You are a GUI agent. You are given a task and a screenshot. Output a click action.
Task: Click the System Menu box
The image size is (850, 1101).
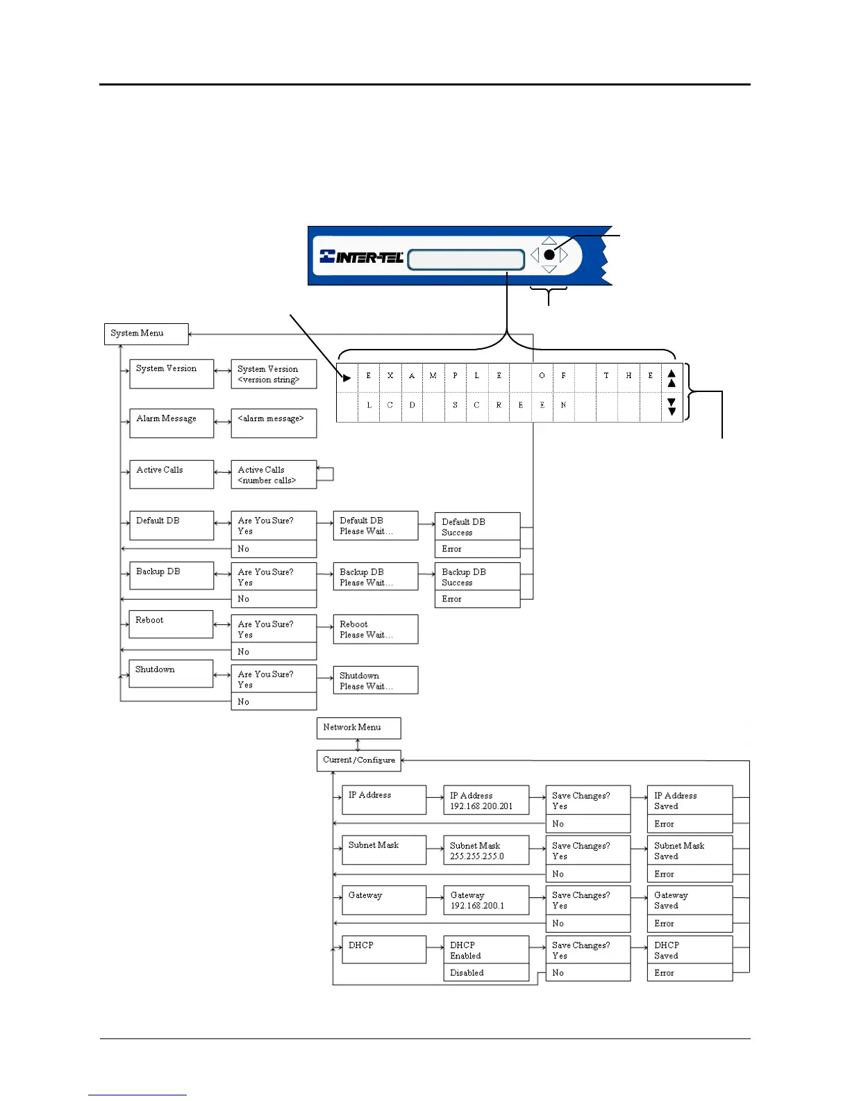coord(146,334)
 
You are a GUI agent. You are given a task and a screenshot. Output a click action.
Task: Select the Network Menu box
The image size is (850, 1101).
coord(358,728)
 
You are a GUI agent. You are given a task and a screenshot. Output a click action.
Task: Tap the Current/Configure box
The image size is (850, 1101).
coord(358,760)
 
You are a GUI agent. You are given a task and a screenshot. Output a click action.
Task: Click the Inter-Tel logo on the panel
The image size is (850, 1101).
coord(362,257)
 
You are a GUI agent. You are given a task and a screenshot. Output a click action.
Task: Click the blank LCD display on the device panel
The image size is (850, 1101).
coord(465,260)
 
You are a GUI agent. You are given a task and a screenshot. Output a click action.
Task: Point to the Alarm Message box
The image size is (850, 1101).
coord(171,423)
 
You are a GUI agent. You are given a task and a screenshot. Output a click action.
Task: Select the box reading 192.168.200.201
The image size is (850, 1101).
coord(485,800)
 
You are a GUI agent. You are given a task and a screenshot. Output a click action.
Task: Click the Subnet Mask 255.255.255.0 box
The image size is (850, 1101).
coord(485,850)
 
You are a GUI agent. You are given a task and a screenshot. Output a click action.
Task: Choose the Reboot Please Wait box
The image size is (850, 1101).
coord(375,629)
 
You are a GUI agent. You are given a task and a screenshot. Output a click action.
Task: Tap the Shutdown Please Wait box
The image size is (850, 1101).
coord(375,680)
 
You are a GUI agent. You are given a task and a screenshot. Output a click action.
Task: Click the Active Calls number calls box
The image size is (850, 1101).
coord(273,475)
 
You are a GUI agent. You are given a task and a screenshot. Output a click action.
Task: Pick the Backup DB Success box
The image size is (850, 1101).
coord(477,577)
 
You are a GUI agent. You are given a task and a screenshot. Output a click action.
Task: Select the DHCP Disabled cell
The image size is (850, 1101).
coord(485,972)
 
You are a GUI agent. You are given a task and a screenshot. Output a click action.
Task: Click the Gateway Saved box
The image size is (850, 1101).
coord(689,900)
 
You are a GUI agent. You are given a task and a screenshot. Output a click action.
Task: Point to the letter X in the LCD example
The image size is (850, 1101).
coord(390,376)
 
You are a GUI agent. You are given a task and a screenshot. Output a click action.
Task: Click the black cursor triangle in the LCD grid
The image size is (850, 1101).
coord(347,378)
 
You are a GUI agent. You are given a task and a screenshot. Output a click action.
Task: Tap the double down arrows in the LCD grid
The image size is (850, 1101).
coord(672,407)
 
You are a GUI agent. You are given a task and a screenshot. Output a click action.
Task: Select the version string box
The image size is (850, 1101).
coord(273,374)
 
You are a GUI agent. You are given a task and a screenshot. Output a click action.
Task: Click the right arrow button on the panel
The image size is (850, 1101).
coord(564,255)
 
